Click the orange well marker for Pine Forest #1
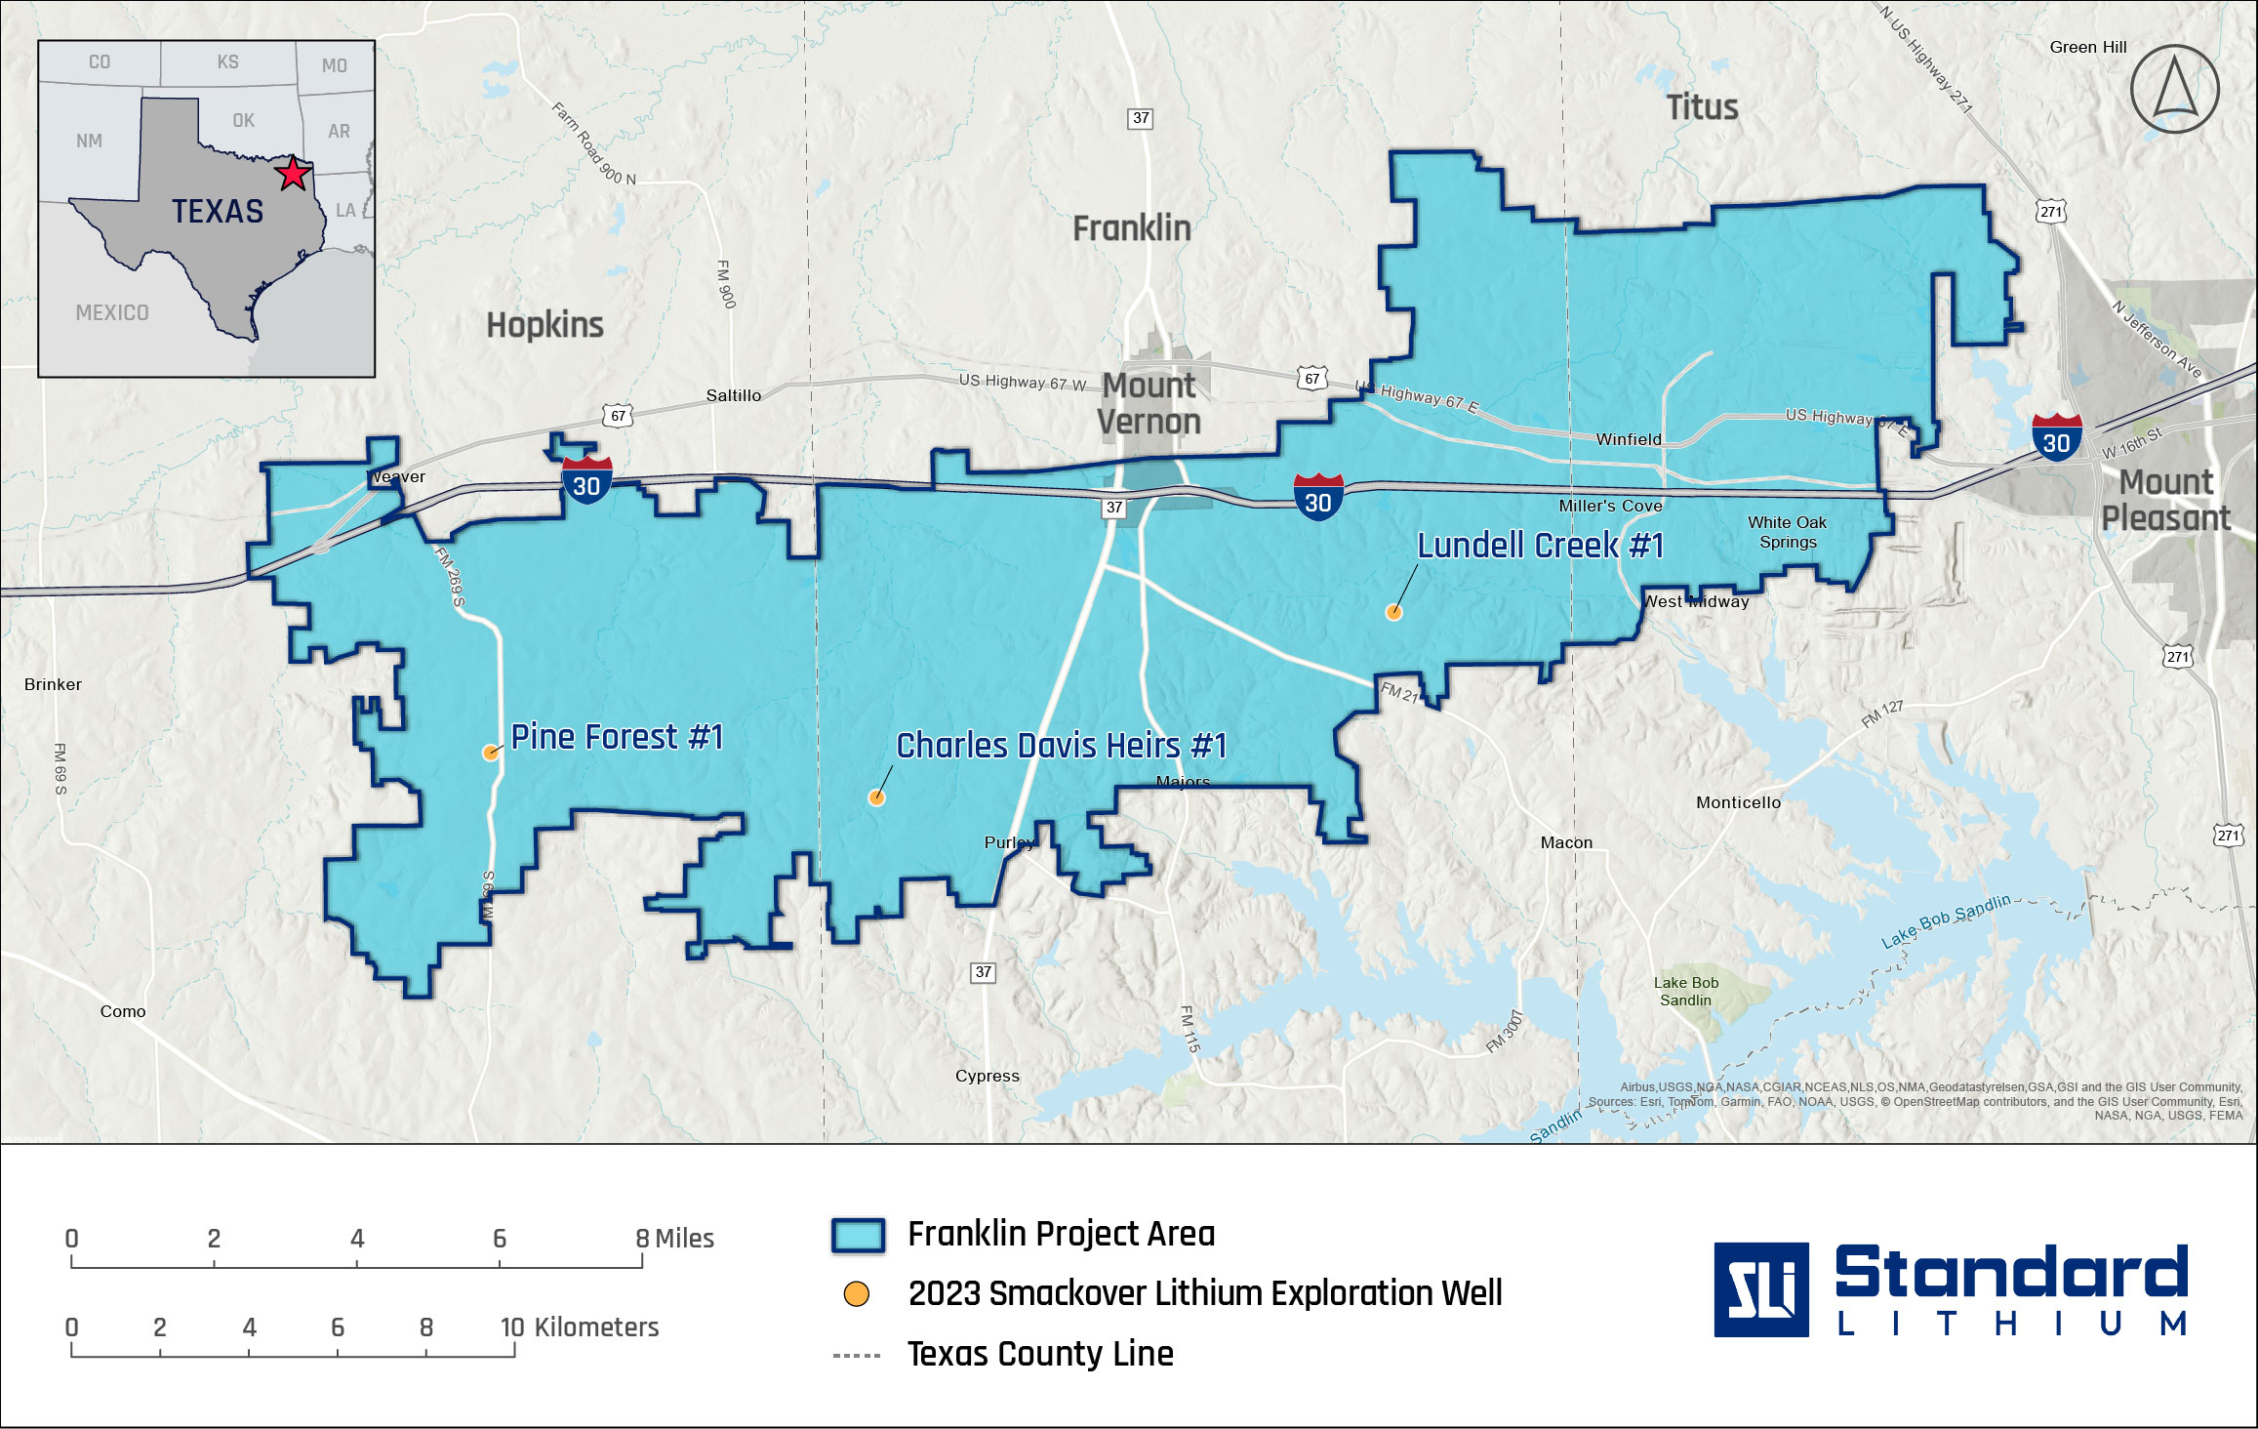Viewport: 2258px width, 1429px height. pyautogui.click(x=491, y=753)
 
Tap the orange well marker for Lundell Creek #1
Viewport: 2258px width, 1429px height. pyautogui.click(x=1393, y=613)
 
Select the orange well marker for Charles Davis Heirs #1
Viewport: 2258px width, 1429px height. pyautogui.click(x=877, y=798)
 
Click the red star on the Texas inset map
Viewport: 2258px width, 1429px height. pyautogui.click(x=293, y=175)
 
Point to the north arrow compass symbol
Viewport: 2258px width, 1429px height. pyautogui.click(x=2175, y=89)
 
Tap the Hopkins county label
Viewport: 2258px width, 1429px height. pyautogui.click(x=544, y=325)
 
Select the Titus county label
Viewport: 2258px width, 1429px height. pyautogui.click(x=1702, y=107)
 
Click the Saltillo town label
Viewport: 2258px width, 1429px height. pyautogui.click(x=733, y=395)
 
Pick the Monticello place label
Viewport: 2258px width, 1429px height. pyautogui.click(x=1738, y=802)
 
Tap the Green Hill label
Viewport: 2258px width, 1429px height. pyautogui.click(x=2087, y=47)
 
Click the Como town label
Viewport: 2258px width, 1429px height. pyautogui.click(x=123, y=1011)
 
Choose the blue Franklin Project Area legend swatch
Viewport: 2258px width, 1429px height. pyautogui.click(x=858, y=1235)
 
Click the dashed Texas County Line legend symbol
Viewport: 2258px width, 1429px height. pyautogui.click(x=857, y=1356)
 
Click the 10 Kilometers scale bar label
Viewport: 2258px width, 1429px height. pyautogui.click(x=580, y=1327)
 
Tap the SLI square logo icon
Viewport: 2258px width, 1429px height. pyautogui.click(x=1760, y=1289)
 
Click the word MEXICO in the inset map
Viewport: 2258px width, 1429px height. pyautogui.click(x=112, y=313)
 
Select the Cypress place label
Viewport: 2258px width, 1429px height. pyautogui.click(x=987, y=1076)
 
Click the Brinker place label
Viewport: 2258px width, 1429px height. pyautogui.click(x=53, y=684)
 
